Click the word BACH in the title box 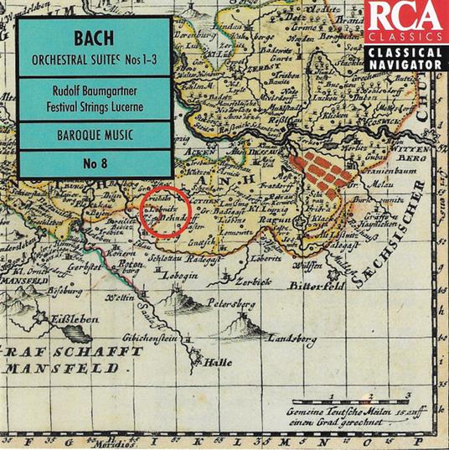click(95, 39)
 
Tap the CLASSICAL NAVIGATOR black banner click(405, 56)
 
